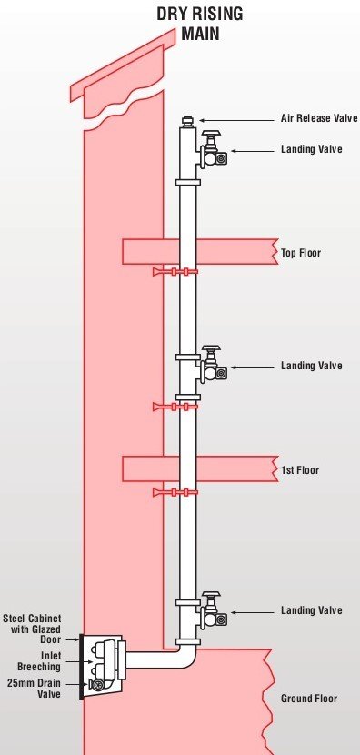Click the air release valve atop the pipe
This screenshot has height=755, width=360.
[188, 119]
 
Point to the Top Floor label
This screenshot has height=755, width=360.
[301, 254]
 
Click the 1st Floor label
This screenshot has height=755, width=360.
[300, 470]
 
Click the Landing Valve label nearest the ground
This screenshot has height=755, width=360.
[311, 610]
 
